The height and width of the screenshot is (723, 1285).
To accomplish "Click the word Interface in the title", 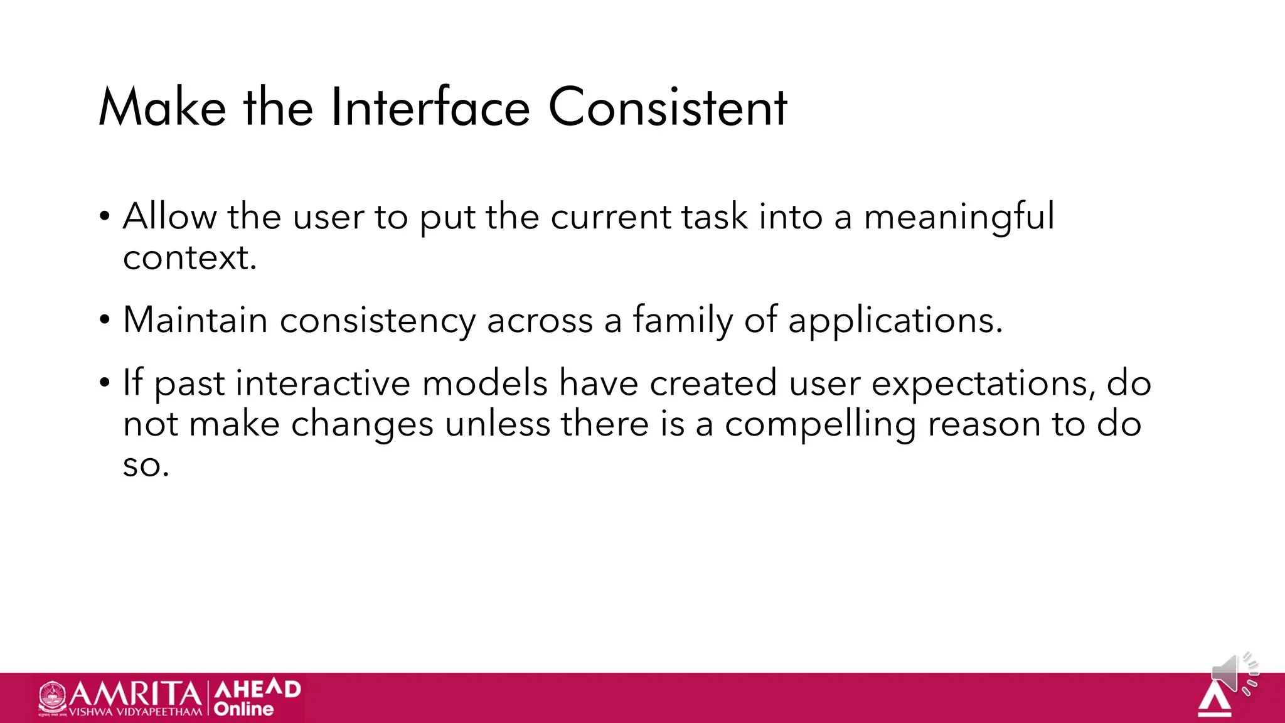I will [430, 107].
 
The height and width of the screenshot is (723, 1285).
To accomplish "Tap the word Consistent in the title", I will [668, 107].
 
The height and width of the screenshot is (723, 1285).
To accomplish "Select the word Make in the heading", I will [162, 107].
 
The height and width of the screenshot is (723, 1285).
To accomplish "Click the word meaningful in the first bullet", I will [959, 217].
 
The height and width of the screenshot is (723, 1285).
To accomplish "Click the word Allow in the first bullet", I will [169, 217].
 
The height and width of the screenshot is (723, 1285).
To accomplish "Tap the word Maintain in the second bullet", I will [195, 320].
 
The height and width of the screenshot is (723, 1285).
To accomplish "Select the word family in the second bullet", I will [683, 320].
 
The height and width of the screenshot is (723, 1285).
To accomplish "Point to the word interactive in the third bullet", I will [323, 383].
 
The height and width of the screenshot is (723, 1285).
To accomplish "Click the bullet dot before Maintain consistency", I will [105, 321].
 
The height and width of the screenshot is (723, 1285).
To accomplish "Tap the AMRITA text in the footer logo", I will [135, 694].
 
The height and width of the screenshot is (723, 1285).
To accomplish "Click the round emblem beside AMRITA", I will [53, 697].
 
